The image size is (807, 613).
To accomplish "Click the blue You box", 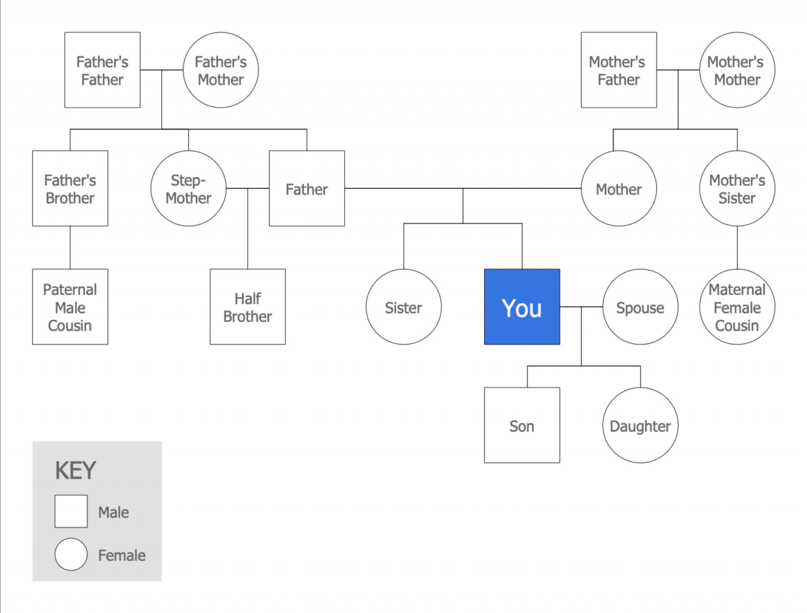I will coord(522,307).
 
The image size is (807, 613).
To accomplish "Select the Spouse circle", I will coord(640,307).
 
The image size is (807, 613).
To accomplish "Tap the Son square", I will coord(522,425).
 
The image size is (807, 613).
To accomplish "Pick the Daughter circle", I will coord(640,425).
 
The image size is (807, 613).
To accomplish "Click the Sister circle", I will coord(403,307).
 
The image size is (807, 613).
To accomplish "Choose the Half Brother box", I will coord(247,307).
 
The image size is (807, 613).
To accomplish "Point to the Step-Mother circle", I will coord(188,189).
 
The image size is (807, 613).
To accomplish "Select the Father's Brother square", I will coord(70,189).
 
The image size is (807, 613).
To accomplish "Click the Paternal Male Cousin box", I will coord(70,307).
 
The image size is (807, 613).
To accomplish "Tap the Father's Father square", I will coord(102,70).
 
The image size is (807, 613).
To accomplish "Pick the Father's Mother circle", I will coord(221,70).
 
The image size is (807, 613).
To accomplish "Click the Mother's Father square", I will coord(618,70).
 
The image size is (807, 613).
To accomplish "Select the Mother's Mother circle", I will coord(737,70).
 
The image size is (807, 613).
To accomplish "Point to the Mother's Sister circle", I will coord(737,189).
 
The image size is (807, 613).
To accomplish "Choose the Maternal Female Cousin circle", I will coord(737,307).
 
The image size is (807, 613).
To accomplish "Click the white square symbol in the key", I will coord(71,511).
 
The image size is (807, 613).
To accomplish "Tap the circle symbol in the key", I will coord(71,554).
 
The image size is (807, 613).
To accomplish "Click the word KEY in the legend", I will coord(76,471).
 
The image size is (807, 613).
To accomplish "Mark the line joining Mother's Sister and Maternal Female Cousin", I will coord(737,248).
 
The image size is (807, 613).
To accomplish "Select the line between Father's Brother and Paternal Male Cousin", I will coord(70,248).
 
